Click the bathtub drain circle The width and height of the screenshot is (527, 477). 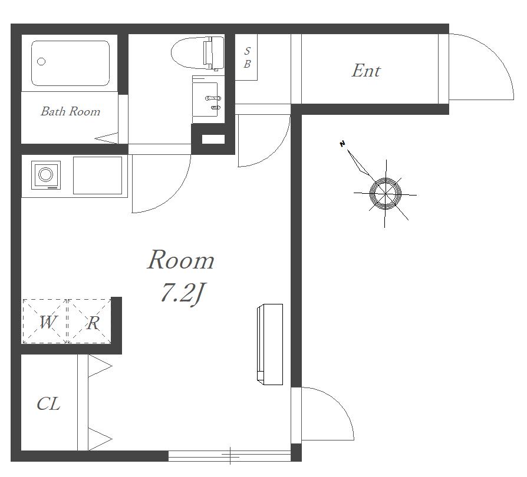click(x=41, y=62)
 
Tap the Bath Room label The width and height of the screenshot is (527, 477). click(x=71, y=111)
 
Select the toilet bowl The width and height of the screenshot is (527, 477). click(x=197, y=53)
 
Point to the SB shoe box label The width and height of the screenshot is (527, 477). click(x=247, y=57)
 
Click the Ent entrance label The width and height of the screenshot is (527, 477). click(x=366, y=71)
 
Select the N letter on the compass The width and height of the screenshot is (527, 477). click(x=342, y=144)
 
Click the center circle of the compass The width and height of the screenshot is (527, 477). click(x=386, y=194)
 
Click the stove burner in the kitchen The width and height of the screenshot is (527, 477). click(x=46, y=175)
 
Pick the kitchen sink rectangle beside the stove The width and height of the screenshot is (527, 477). click(x=97, y=175)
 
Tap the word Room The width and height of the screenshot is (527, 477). click(x=181, y=260)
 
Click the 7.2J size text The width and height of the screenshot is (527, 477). click(x=183, y=293)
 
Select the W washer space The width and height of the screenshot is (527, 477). click(x=45, y=322)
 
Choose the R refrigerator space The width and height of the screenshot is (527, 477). click(x=90, y=322)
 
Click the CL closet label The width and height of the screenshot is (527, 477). click(x=49, y=404)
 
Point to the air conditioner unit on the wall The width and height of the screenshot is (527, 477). click(x=270, y=344)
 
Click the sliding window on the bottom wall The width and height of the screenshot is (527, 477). click(x=229, y=456)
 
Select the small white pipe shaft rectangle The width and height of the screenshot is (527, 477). click(x=213, y=140)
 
